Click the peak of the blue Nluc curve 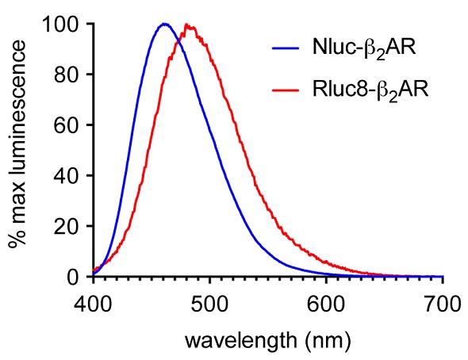tap(164, 24)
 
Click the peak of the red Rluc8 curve tap(189, 25)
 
